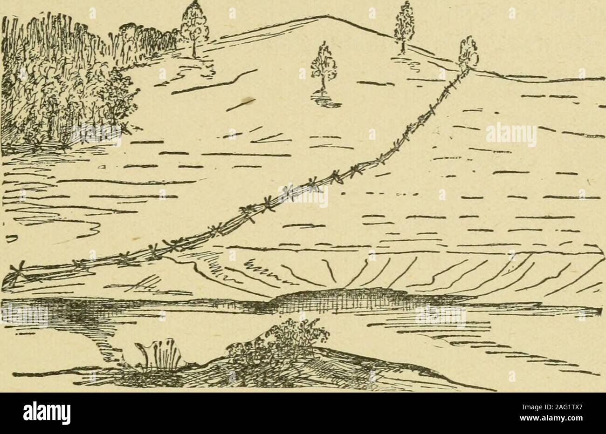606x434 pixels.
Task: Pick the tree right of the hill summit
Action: [x=403, y=23]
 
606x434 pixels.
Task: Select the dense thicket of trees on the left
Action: [x=61, y=79]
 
